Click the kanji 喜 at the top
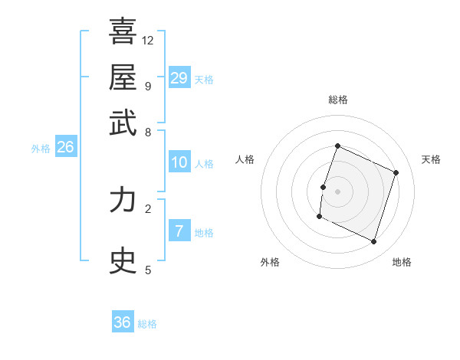click(x=123, y=31)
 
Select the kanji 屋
click(x=123, y=77)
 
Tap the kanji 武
click(x=123, y=123)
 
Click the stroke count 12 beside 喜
click(x=148, y=40)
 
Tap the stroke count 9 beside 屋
click(x=147, y=86)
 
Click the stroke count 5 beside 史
click(x=147, y=270)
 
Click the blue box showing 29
click(x=179, y=78)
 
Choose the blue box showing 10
click(x=179, y=162)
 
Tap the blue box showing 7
click(x=179, y=231)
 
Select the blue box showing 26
click(x=65, y=148)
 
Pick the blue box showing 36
click(x=122, y=322)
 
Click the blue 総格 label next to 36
click(x=148, y=324)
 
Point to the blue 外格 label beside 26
click(x=41, y=149)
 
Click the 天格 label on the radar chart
click(x=431, y=159)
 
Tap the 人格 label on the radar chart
click(x=245, y=159)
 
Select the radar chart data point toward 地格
click(x=374, y=242)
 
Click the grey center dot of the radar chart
click(x=337, y=191)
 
